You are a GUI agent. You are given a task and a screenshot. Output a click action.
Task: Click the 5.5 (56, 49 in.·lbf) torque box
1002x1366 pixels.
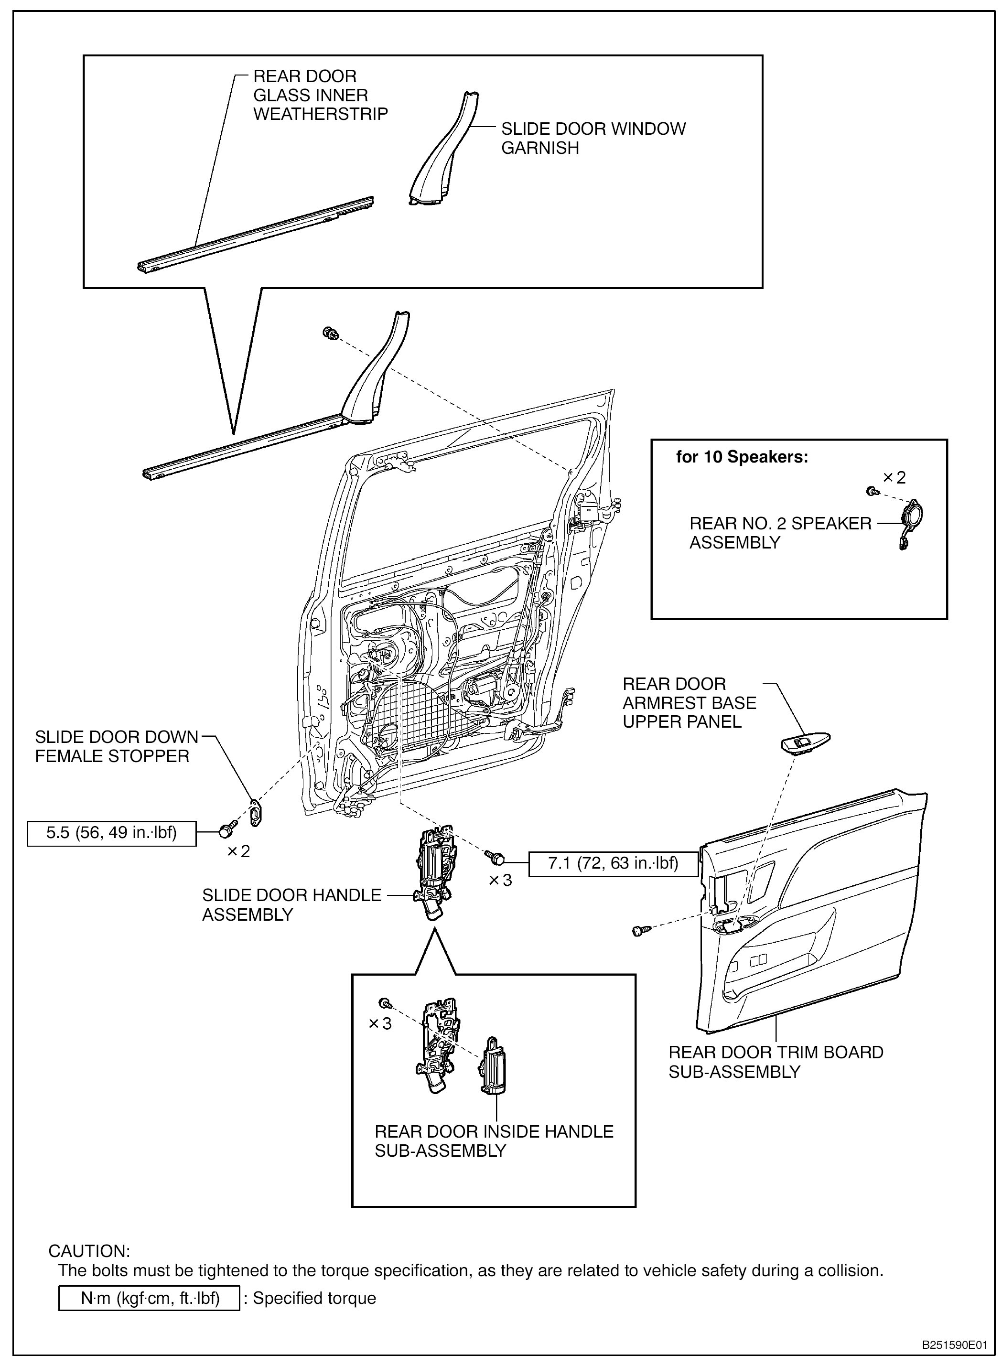coord(112,833)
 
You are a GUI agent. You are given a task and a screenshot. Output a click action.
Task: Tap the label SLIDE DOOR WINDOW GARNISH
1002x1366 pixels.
coord(593,138)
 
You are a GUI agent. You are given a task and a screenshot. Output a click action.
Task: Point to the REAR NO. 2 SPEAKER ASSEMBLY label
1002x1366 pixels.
coord(780,533)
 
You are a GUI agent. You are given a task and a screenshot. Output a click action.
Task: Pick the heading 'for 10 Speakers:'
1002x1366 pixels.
coord(742,457)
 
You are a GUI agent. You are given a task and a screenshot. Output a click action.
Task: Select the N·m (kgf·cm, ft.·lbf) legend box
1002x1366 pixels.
coord(149,1298)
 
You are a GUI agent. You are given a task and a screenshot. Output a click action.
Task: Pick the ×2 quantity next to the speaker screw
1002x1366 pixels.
coord(894,478)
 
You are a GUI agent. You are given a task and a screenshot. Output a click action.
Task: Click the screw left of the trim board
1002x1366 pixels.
coord(638,930)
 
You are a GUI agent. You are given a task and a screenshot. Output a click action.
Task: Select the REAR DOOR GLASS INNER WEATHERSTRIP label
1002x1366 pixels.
coord(320,95)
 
